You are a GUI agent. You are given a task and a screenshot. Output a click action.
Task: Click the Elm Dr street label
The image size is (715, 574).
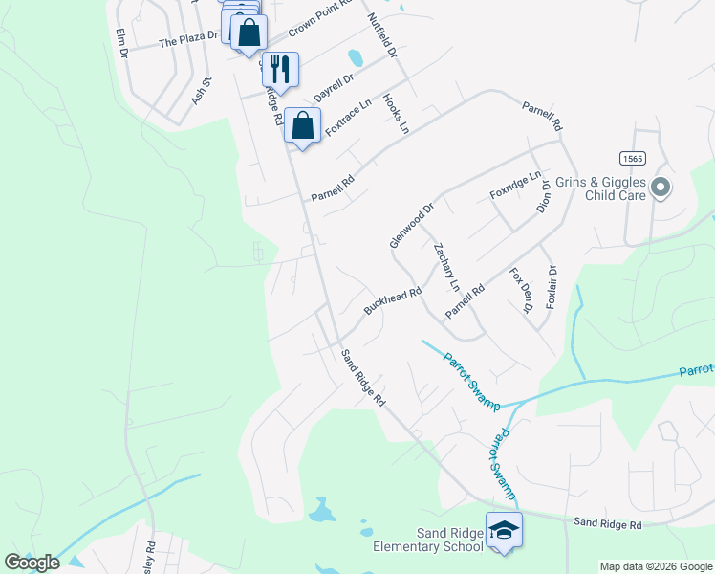[121, 43]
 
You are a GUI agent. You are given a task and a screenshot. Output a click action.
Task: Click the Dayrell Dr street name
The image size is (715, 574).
[334, 91]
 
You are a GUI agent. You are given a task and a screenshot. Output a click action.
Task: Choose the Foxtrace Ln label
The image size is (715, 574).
[347, 118]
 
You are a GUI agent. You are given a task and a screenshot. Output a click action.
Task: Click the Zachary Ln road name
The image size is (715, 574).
[446, 267]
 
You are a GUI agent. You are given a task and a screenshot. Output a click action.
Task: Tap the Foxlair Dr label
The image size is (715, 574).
[552, 287]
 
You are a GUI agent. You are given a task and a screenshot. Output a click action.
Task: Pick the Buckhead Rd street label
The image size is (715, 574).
[392, 302]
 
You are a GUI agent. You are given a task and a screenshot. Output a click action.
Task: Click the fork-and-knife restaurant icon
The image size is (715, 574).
[280, 68]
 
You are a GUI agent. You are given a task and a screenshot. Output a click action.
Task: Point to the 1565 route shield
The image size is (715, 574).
[630, 158]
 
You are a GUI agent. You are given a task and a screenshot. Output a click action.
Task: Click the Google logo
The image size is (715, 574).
[32, 563]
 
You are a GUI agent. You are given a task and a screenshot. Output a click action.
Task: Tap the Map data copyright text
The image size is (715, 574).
[656, 566]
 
